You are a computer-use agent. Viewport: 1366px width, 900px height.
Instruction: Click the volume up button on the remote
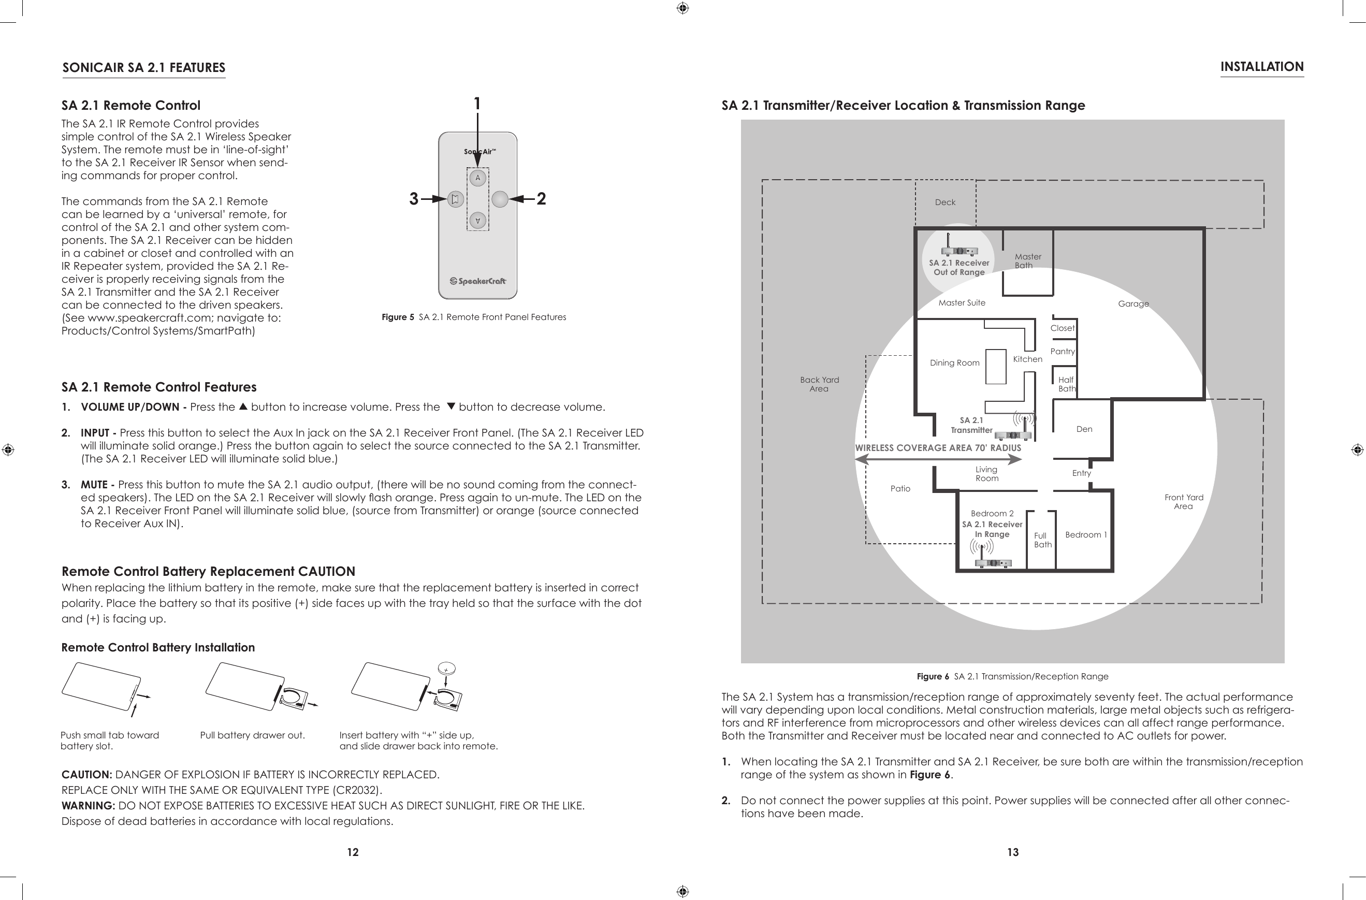click(x=477, y=178)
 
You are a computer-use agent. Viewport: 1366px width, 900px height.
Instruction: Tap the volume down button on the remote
click(x=477, y=221)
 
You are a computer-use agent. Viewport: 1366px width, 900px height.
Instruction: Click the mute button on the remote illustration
click(x=455, y=199)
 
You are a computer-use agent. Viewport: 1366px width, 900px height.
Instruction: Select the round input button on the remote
click(x=500, y=199)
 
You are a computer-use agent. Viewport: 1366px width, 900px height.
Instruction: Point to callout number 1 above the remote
click(x=477, y=104)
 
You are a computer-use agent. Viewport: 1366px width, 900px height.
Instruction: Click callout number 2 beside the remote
click(x=541, y=199)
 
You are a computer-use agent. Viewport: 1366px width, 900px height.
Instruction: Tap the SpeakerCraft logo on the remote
click(x=478, y=281)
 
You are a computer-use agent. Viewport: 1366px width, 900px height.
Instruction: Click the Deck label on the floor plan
click(x=944, y=202)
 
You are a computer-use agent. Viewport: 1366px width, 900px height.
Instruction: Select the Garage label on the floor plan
click(x=1133, y=303)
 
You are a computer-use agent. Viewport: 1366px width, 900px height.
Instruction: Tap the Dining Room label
click(x=954, y=363)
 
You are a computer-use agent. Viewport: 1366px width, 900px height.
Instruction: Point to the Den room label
click(x=1084, y=429)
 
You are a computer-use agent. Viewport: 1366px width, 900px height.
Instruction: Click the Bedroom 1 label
click(x=1085, y=535)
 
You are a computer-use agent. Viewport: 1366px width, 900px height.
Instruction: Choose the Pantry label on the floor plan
click(x=1062, y=351)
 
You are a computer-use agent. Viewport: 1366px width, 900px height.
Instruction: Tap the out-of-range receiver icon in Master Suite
click(x=959, y=251)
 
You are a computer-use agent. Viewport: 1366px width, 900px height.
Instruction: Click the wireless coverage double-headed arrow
click(x=938, y=459)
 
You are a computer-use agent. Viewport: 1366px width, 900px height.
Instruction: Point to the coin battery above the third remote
click(x=446, y=668)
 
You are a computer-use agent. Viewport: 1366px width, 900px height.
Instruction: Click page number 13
click(x=1012, y=852)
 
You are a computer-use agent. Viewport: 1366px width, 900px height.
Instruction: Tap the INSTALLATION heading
click(x=1261, y=67)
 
